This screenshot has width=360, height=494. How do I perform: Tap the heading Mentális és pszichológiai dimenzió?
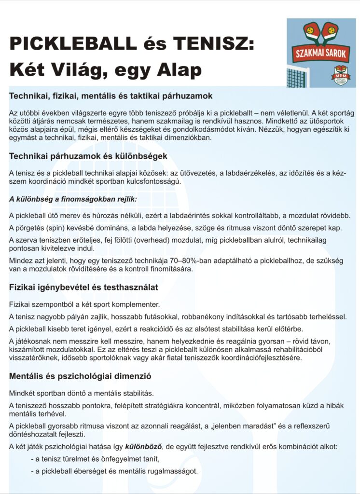pyautogui.click(x=82, y=375)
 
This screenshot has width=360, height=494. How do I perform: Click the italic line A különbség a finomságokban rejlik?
pyautogui.click(x=73, y=199)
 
